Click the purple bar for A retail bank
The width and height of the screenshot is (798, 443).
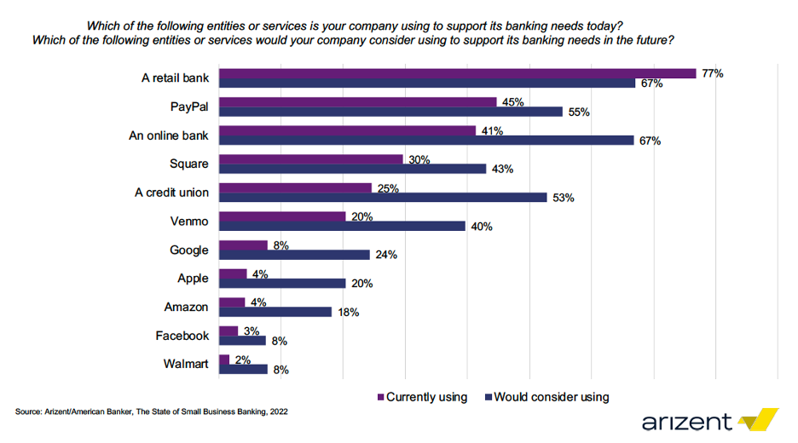coord(458,73)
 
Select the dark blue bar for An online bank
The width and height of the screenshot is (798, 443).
coord(426,141)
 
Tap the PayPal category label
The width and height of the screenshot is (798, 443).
coord(188,107)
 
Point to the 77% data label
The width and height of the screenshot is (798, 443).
coord(713,73)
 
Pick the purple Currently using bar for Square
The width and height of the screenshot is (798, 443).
coord(311,159)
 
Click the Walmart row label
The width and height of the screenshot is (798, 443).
coord(186,364)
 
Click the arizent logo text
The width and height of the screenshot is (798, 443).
coord(686,421)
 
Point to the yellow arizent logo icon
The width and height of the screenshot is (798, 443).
coord(758,419)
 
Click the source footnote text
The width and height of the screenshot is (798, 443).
coord(152,411)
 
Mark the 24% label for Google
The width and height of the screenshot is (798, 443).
coord(386,255)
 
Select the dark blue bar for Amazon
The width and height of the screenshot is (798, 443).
coord(275,312)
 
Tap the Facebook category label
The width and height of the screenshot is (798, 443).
coord(182,336)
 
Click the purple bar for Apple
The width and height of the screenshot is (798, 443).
coord(233,273)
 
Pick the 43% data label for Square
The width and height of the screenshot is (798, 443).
coord(502,169)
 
